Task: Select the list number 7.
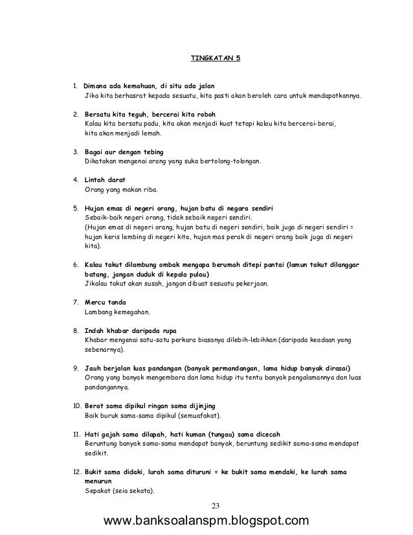[x=74, y=302]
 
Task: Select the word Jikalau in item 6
[x=97, y=284]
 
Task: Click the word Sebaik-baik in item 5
[x=102, y=218]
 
